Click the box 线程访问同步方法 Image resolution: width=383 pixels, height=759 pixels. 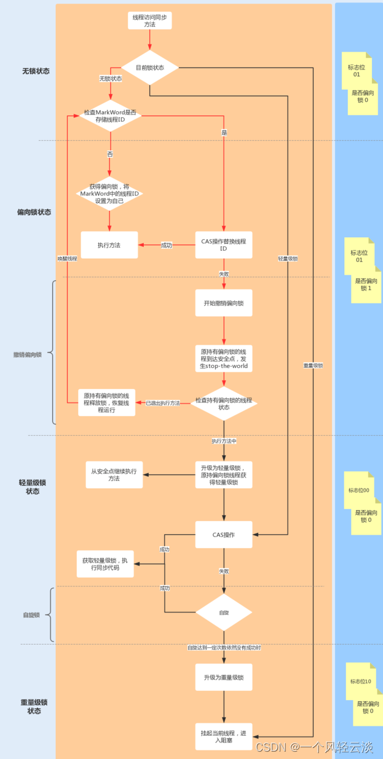(149, 20)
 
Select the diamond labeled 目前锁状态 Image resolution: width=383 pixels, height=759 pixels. (149, 68)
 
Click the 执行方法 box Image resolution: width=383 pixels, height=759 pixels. (109, 245)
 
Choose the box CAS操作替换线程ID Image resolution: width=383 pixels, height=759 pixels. (224, 245)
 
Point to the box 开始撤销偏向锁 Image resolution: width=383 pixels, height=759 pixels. (224, 303)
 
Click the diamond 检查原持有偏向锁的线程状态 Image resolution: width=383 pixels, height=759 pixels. (224, 403)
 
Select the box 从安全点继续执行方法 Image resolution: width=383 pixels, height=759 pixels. (114, 474)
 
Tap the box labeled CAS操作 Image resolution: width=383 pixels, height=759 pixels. (224, 534)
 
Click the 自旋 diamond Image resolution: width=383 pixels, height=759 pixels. (224, 612)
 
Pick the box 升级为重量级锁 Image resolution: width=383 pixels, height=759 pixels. (224, 677)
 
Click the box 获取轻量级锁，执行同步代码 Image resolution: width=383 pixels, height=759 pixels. (105, 564)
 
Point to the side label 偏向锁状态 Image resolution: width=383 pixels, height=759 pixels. (34, 212)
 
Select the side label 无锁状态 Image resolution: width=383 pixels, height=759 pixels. (35, 71)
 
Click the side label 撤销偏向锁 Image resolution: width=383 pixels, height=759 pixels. (28, 355)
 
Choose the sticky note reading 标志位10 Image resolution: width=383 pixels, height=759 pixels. (360, 682)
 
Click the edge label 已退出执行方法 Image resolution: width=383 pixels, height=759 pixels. (163, 403)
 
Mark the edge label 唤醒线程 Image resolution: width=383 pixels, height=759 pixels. (67, 259)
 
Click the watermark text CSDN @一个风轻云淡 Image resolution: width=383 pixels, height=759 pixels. (314, 747)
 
